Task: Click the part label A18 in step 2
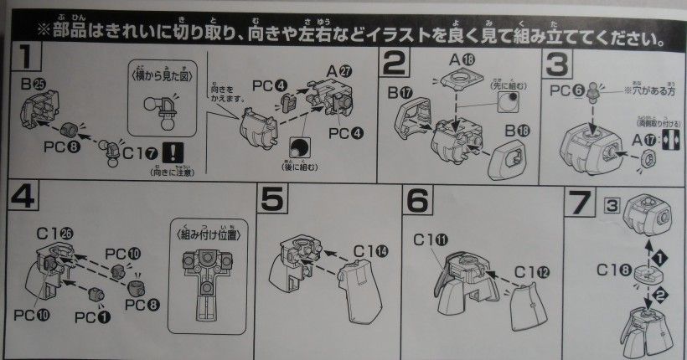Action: coord(465,59)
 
